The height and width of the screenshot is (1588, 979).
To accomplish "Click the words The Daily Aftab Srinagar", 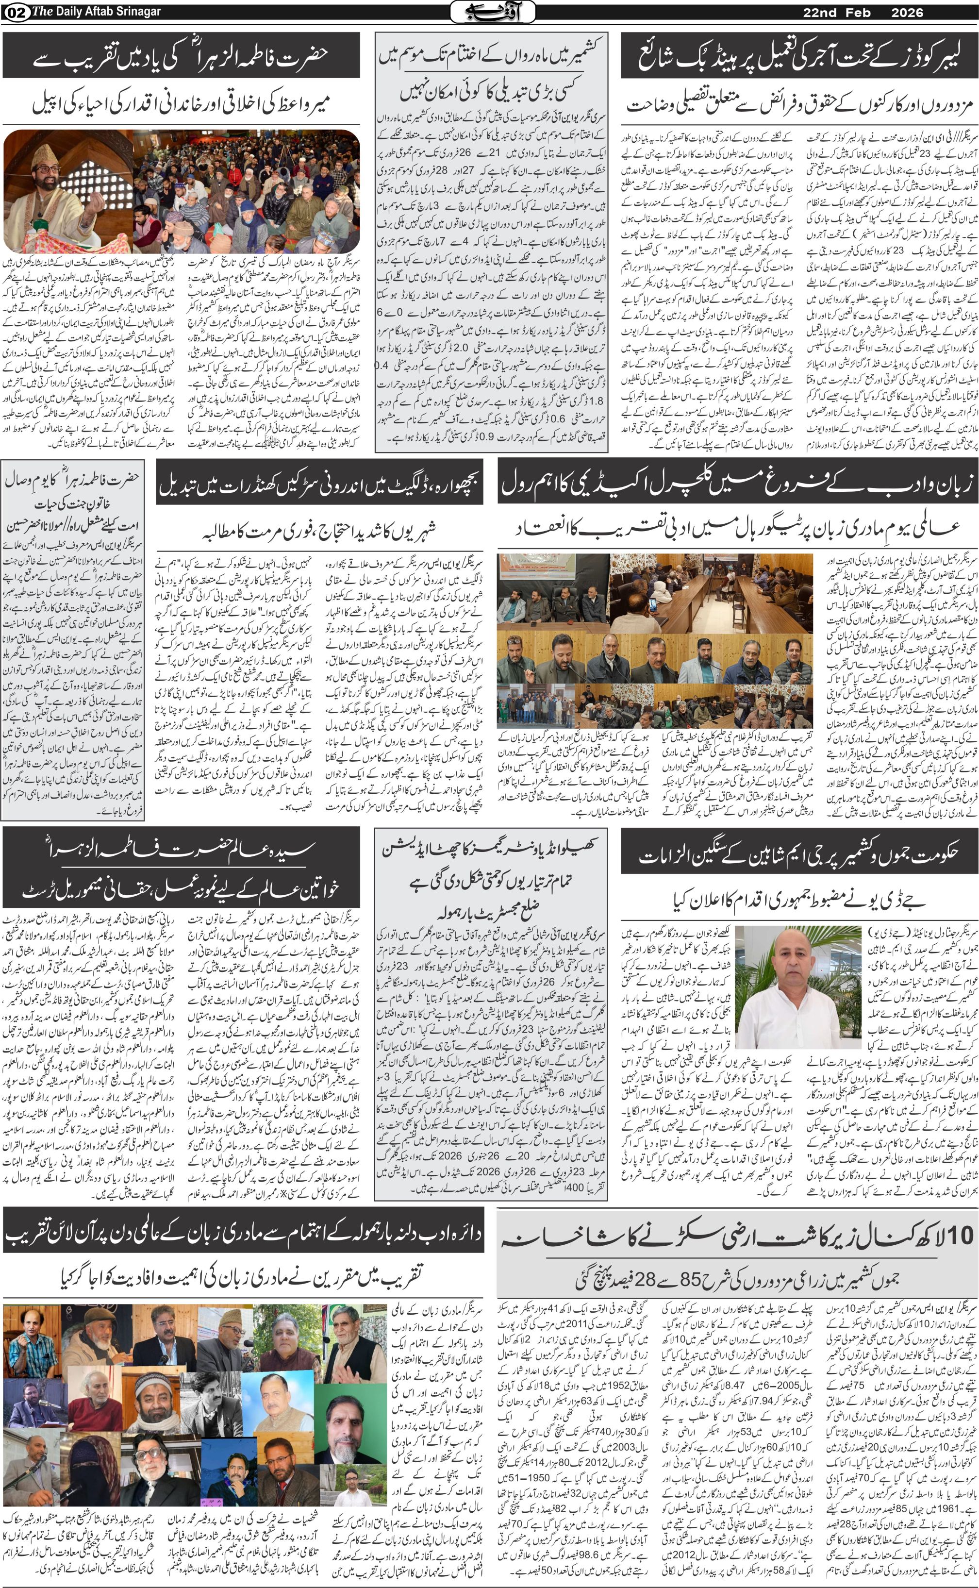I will tap(97, 12).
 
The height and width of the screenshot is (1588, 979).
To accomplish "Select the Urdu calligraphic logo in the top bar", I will tap(492, 11).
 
